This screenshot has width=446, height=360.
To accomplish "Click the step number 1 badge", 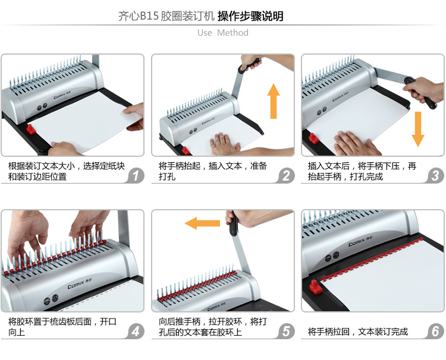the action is pyautogui.click(x=136, y=176).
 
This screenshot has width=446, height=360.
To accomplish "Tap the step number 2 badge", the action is pyautogui.click(x=286, y=176).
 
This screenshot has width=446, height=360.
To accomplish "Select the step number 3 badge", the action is pyautogui.click(x=435, y=176).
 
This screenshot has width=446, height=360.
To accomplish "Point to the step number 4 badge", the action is pyautogui.click(x=136, y=331).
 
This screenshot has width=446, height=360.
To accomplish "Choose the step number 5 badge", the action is pyautogui.click(x=286, y=331).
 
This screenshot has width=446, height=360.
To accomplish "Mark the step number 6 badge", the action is pyautogui.click(x=435, y=331).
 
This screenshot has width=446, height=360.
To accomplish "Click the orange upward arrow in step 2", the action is pyautogui.click(x=274, y=101).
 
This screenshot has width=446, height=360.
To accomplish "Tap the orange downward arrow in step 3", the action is pyautogui.click(x=418, y=129).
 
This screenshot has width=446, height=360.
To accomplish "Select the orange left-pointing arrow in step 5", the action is pyautogui.click(x=202, y=223).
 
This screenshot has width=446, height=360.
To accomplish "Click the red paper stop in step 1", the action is pyautogui.click(x=31, y=130).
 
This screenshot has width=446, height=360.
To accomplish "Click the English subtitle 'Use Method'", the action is pyautogui.click(x=223, y=33).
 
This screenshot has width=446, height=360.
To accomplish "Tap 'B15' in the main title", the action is pyautogui.click(x=149, y=16).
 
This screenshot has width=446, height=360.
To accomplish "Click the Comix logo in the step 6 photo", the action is pyautogui.click(x=360, y=242).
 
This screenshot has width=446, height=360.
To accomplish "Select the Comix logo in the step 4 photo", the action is pyautogui.click(x=80, y=283).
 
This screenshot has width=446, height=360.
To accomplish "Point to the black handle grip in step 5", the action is pyautogui.click(x=234, y=225).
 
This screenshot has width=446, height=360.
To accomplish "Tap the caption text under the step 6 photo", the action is pyautogui.click(x=358, y=331).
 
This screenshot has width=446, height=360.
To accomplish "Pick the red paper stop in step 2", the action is pyautogui.click(x=186, y=150).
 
